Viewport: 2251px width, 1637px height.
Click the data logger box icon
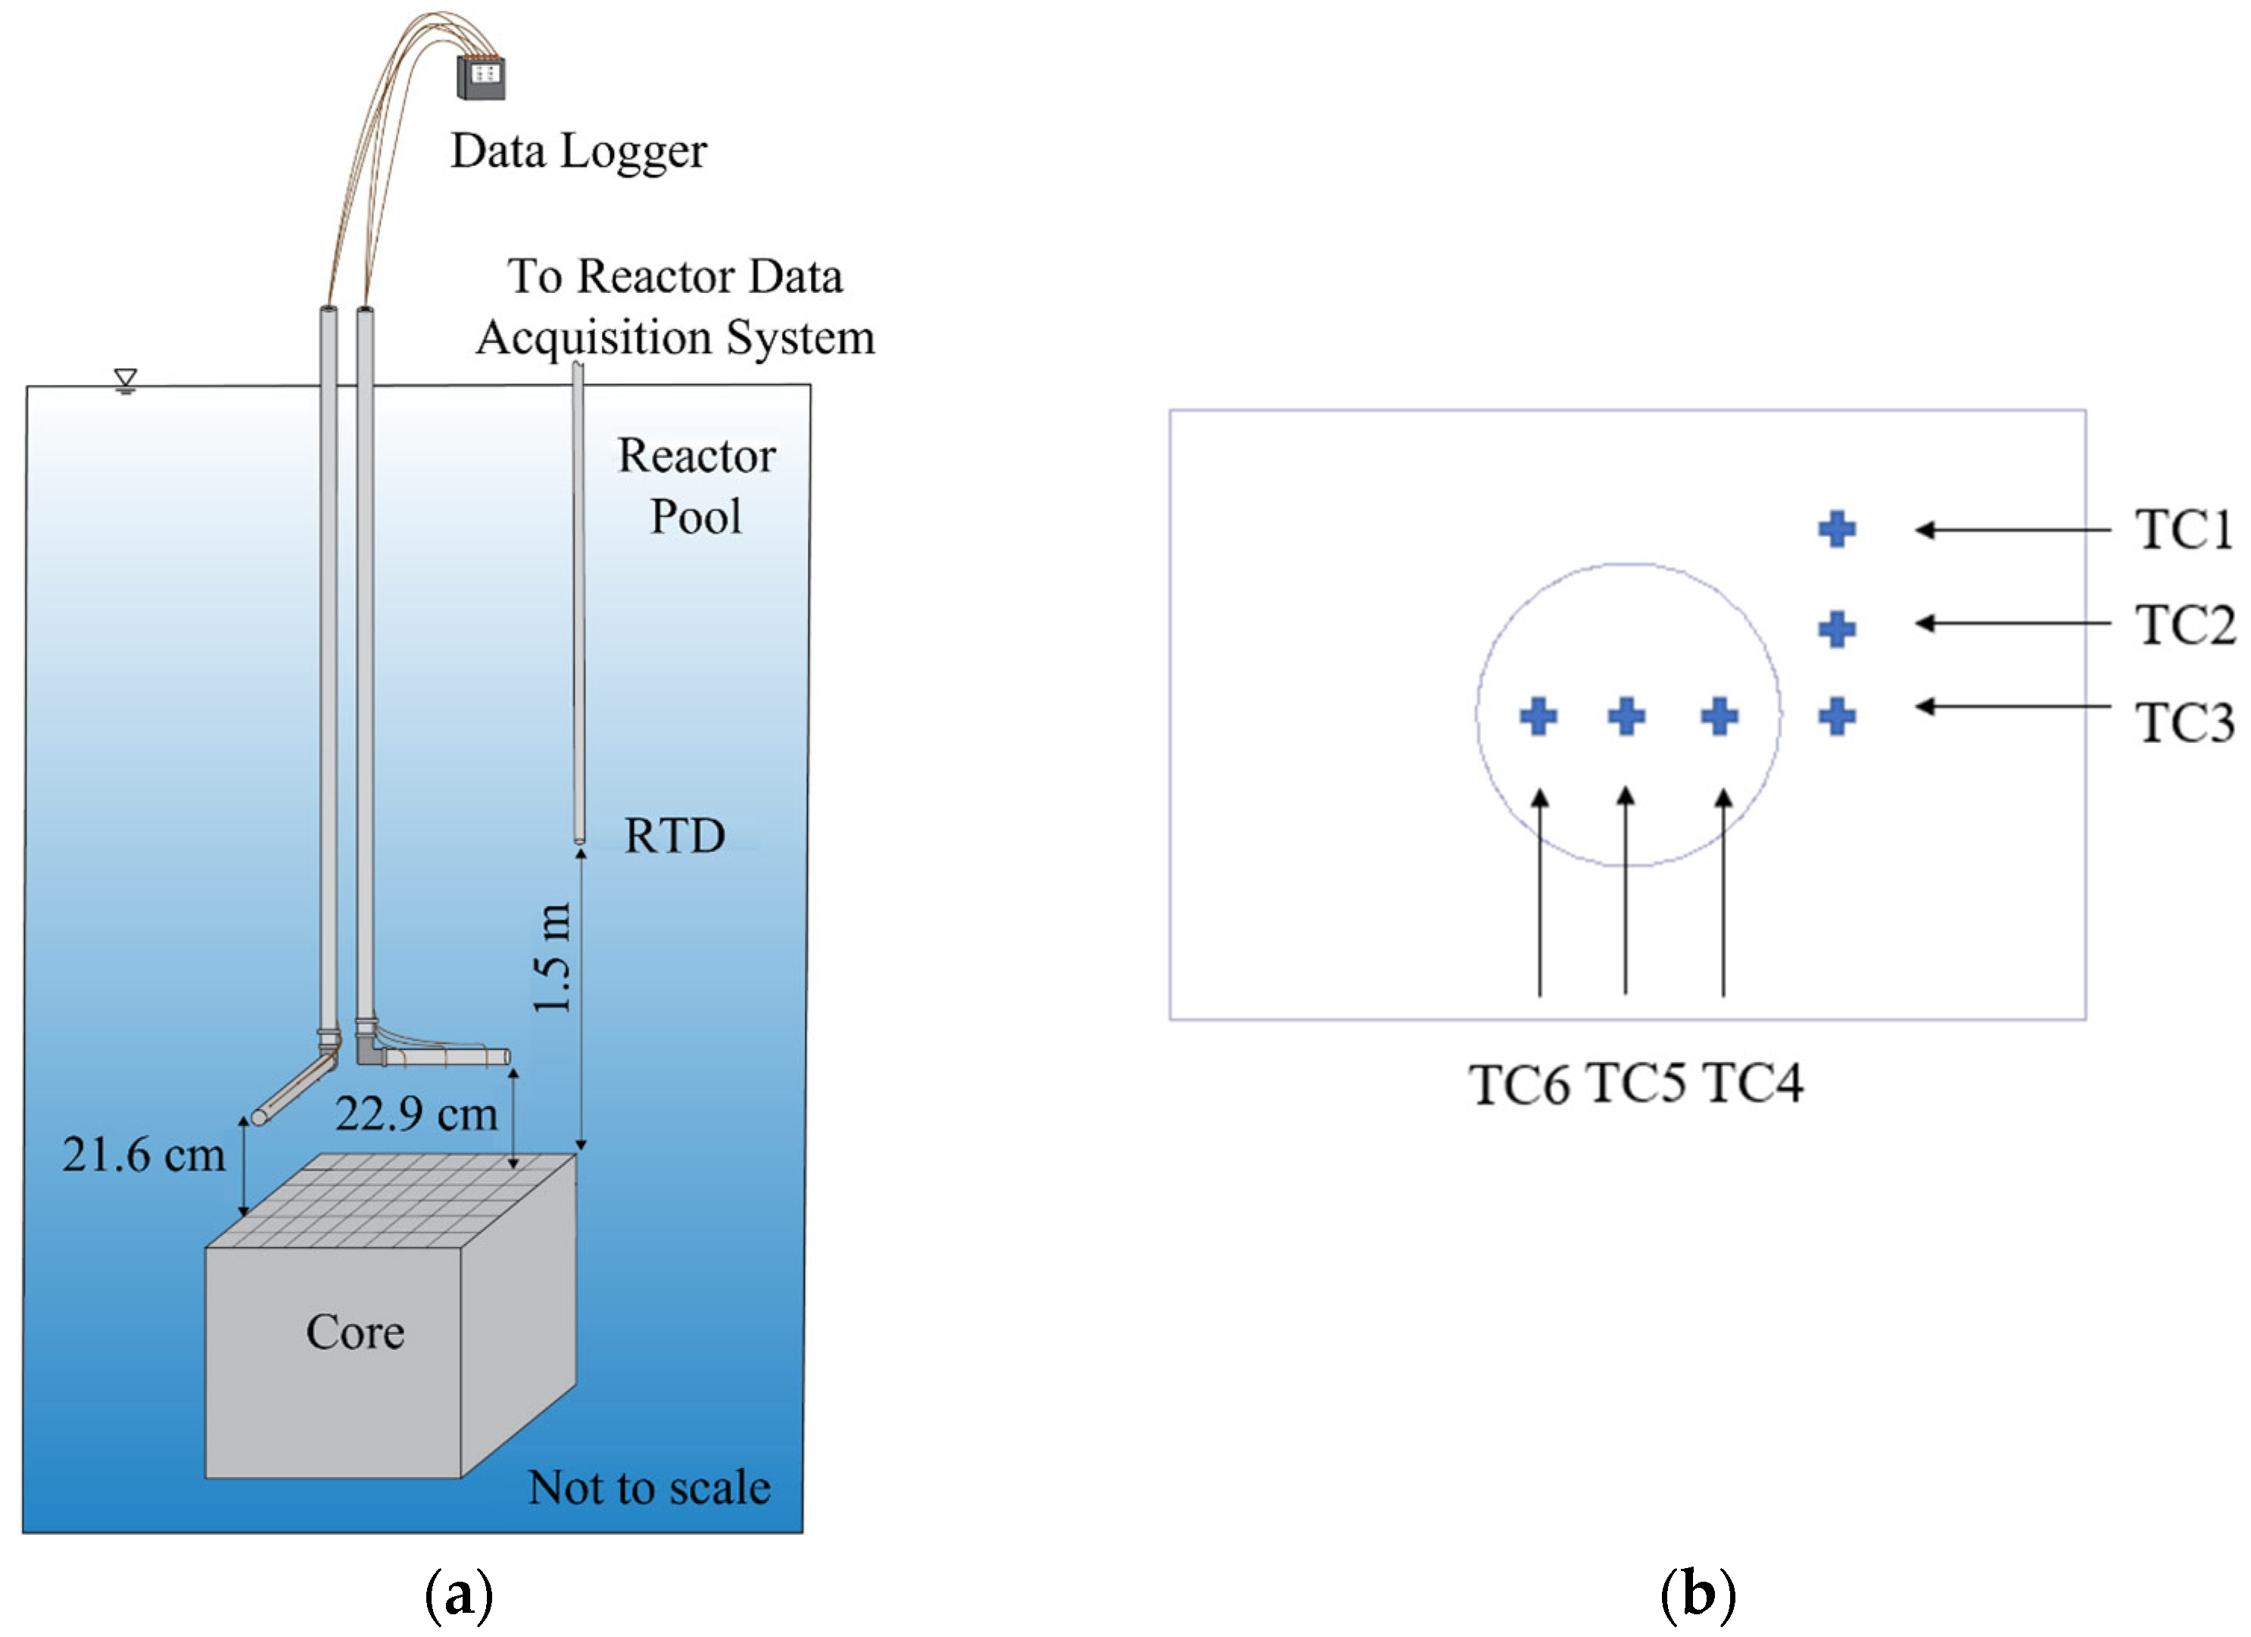pyautogui.click(x=480, y=76)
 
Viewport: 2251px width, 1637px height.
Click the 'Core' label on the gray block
pyautogui.click(x=355, y=1331)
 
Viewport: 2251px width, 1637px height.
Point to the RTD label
pyautogui.click(x=675, y=836)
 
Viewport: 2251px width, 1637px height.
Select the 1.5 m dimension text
pyautogui.click(x=553, y=958)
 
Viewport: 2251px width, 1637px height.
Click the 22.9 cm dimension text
pyautogui.click(x=416, y=1113)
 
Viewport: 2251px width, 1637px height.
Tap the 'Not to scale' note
pyautogui.click(x=649, y=1487)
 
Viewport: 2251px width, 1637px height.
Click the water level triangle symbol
pyautogui.click(x=125, y=381)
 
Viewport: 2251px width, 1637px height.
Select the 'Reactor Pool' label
pyautogui.click(x=697, y=485)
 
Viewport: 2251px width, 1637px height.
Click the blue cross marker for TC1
pyautogui.click(x=1837, y=529)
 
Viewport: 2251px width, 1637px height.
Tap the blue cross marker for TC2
pyautogui.click(x=1837, y=628)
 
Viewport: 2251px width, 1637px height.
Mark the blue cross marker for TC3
pyautogui.click(x=1837, y=716)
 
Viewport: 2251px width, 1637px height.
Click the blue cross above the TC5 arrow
pyautogui.click(x=1626, y=716)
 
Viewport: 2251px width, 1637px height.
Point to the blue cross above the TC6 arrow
pyautogui.click(x=1539, y=716)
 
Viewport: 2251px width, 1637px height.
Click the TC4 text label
pyautogui.click(x=1754, y=1082)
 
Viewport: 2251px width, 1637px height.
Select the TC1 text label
pyautogui.click(x=2184, y=529)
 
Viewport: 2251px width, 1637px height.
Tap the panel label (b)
pyautogui.click(x=1698, y=1595)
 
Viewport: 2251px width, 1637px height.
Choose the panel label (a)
pyautogui.click(x=459, y=1595)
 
